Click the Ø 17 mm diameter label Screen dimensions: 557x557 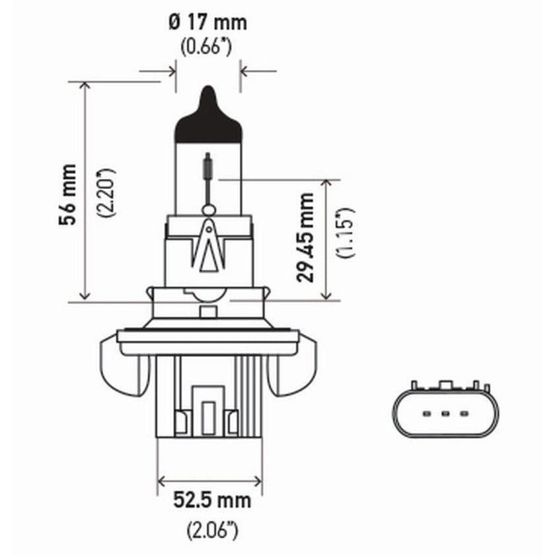point(208,23)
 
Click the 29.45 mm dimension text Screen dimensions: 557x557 point(305,237)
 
